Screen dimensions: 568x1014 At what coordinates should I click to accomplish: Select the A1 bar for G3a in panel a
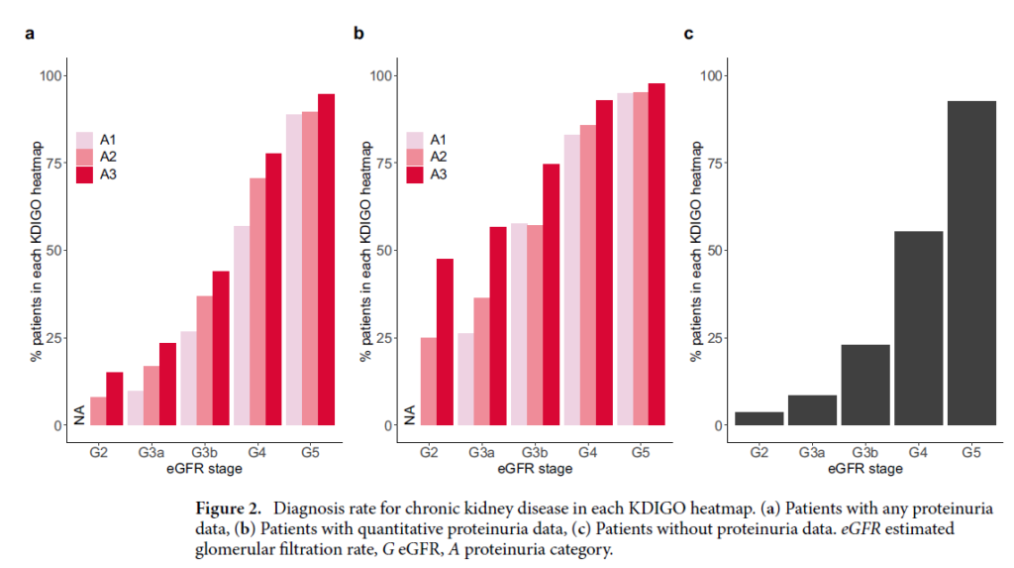135,408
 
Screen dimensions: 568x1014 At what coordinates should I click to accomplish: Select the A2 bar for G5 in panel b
641,259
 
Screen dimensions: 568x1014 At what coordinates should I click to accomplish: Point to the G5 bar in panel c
971,263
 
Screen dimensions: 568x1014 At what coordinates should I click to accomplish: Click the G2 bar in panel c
759,418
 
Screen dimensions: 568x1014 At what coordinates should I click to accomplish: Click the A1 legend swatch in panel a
85,140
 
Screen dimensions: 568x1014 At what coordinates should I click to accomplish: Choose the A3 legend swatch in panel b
414,175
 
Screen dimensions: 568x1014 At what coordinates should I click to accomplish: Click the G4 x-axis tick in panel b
586,453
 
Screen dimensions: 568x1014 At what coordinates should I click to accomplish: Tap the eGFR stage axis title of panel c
865,468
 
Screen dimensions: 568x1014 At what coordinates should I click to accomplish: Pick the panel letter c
688,35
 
